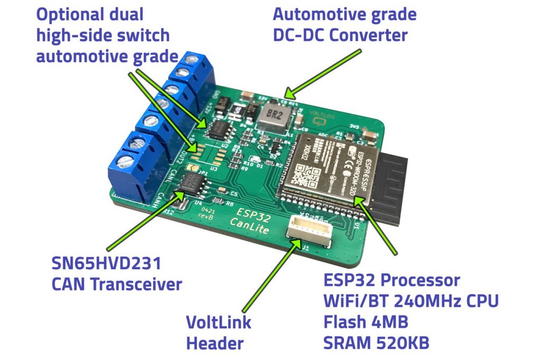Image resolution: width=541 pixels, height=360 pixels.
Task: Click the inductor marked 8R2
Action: click(x=274, y=116)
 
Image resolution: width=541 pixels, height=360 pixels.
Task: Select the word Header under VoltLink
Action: click(x=214, y=343)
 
